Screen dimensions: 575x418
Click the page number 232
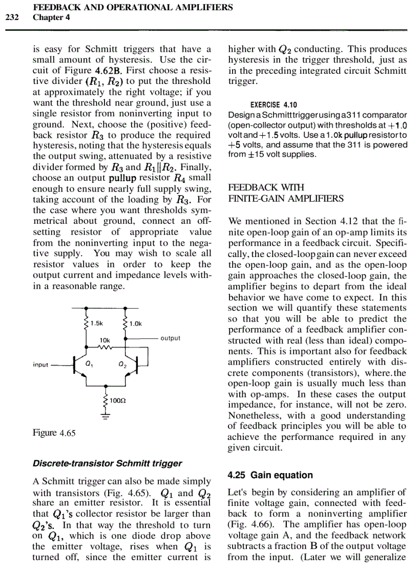point(12,17)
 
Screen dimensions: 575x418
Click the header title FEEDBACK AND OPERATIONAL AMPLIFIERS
point(133,8)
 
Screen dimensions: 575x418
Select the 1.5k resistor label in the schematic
point(96,323)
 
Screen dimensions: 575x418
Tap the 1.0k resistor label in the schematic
point(135,323)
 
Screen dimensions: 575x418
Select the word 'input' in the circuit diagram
point(41,365)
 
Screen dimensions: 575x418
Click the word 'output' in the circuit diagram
point(170,338)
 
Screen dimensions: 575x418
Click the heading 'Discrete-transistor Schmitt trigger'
point(107,463)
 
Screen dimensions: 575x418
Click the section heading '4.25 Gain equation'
point(270,475)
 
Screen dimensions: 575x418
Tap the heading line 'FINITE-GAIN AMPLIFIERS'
point(285,199)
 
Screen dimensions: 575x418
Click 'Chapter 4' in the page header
point(51,17)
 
